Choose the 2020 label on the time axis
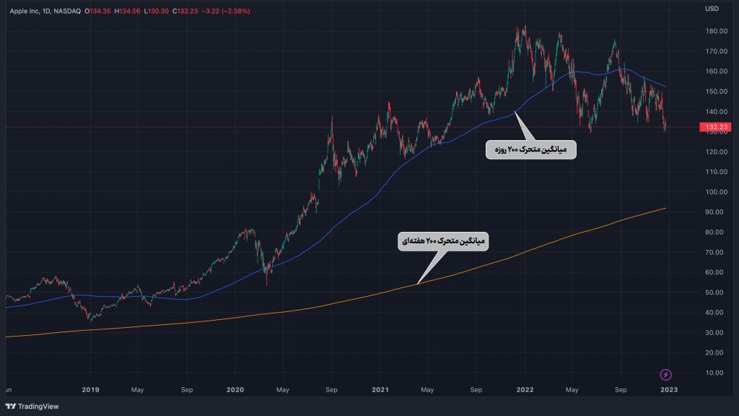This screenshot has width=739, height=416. tap(235, 390)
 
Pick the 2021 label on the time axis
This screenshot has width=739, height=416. tap(381, 390)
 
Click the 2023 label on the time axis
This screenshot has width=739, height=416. tap(669, 390)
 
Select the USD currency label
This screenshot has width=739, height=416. tap(712, 9)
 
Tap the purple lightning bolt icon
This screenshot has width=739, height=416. tap(666, 374)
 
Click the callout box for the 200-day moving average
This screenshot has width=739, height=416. tap(530, 149)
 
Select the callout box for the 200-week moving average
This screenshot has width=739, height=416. tap(442, 243)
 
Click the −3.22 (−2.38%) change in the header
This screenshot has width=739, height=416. tap(226, 11)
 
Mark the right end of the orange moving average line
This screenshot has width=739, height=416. tap(665, 208)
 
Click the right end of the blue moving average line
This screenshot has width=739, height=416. tap(665, 87)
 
